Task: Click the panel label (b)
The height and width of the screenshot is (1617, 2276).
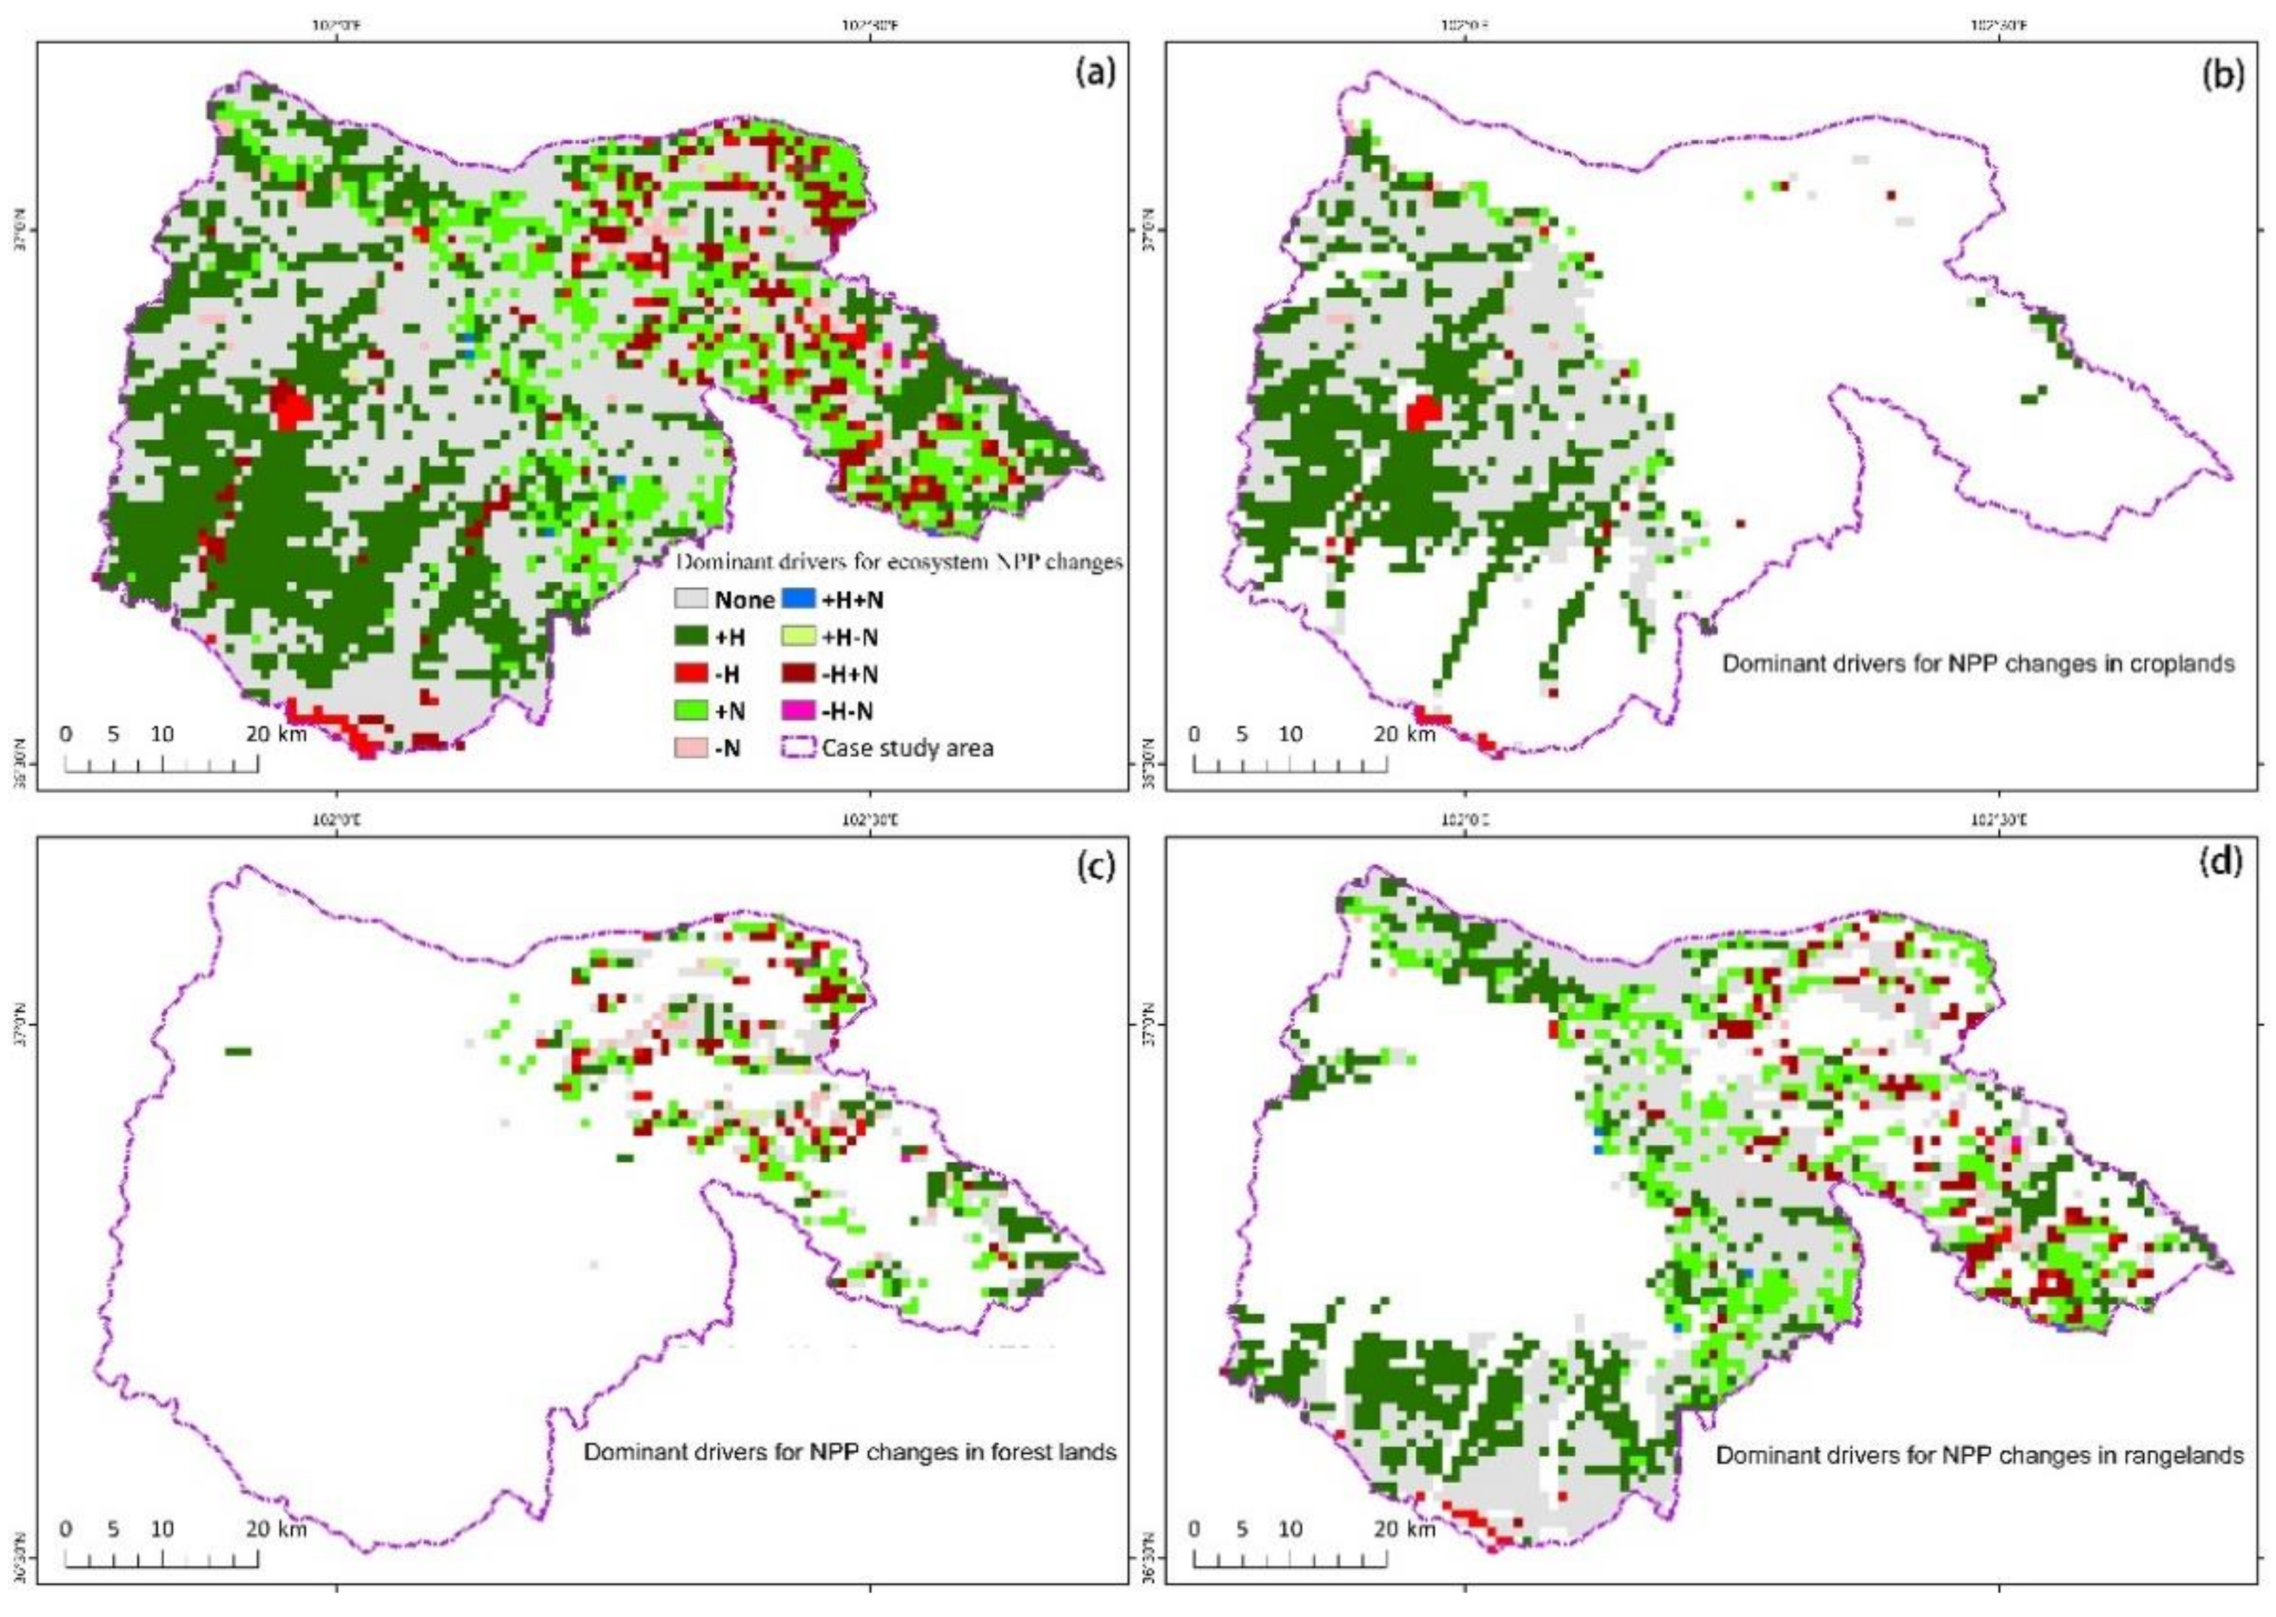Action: (2221, 75)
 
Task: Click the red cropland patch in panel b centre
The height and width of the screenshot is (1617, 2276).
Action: (1425, 410)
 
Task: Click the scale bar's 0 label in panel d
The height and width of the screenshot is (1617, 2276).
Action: (1193, 1528)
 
